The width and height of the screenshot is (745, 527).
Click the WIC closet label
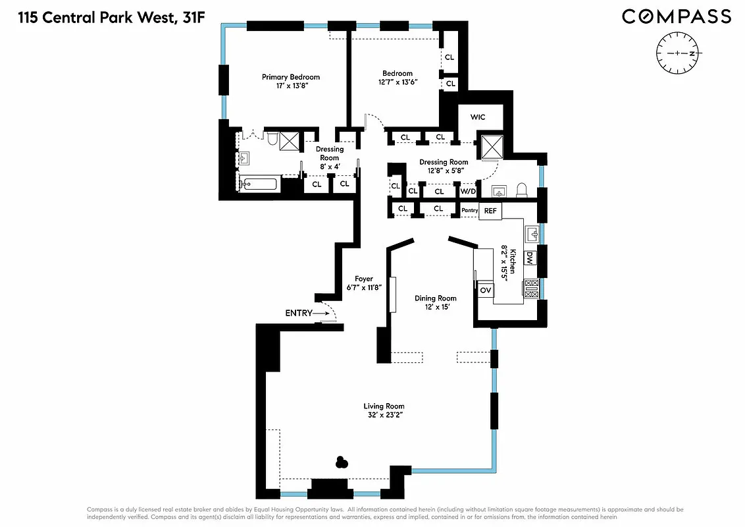(x=478, y=117)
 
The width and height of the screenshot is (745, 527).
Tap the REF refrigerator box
(x=490, y=211)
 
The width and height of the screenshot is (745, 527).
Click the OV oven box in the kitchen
(x=486, y=290)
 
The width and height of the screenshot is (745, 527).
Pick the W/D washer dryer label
(x=467, y=191)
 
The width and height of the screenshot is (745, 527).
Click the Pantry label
(x=469, y=210)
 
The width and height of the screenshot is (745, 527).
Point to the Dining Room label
(x=435, y=298)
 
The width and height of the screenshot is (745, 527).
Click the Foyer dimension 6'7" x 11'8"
(x=364, y=288)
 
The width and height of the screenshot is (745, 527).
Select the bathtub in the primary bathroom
(x=259, y=184)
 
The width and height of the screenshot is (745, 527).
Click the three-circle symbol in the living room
(x=341, y=462)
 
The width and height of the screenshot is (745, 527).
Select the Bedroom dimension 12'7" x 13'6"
(x=398, y=82)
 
